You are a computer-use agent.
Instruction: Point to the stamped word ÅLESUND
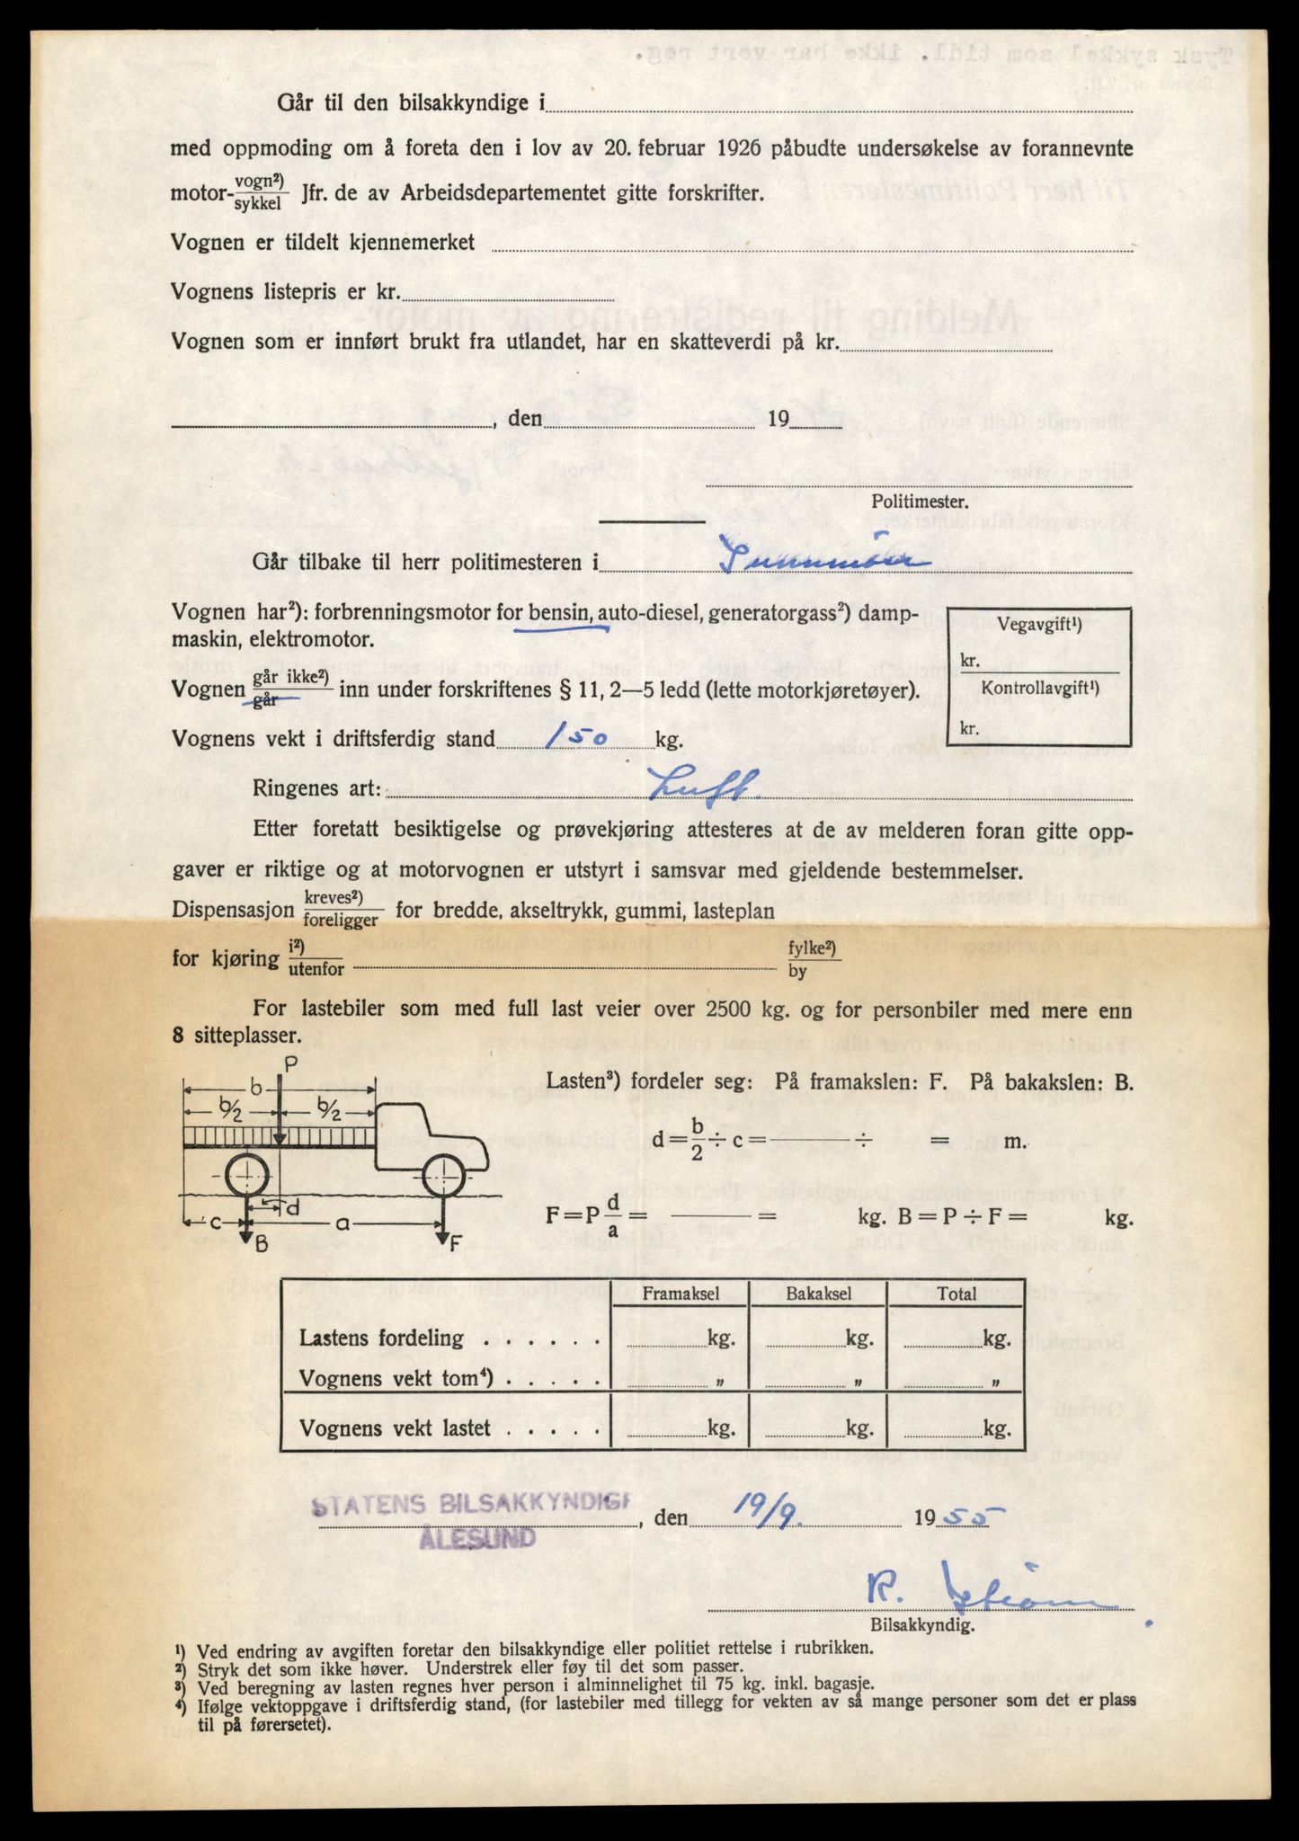coord(477,1538)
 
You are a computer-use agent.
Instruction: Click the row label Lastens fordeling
coord(381,1338)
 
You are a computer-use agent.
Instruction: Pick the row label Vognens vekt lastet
coord(395,1428)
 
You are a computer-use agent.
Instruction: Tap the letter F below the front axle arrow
coord(454,1245)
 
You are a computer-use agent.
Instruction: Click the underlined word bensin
coord(559,614)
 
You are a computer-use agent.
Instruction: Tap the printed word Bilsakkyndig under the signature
coord(921,1626)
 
